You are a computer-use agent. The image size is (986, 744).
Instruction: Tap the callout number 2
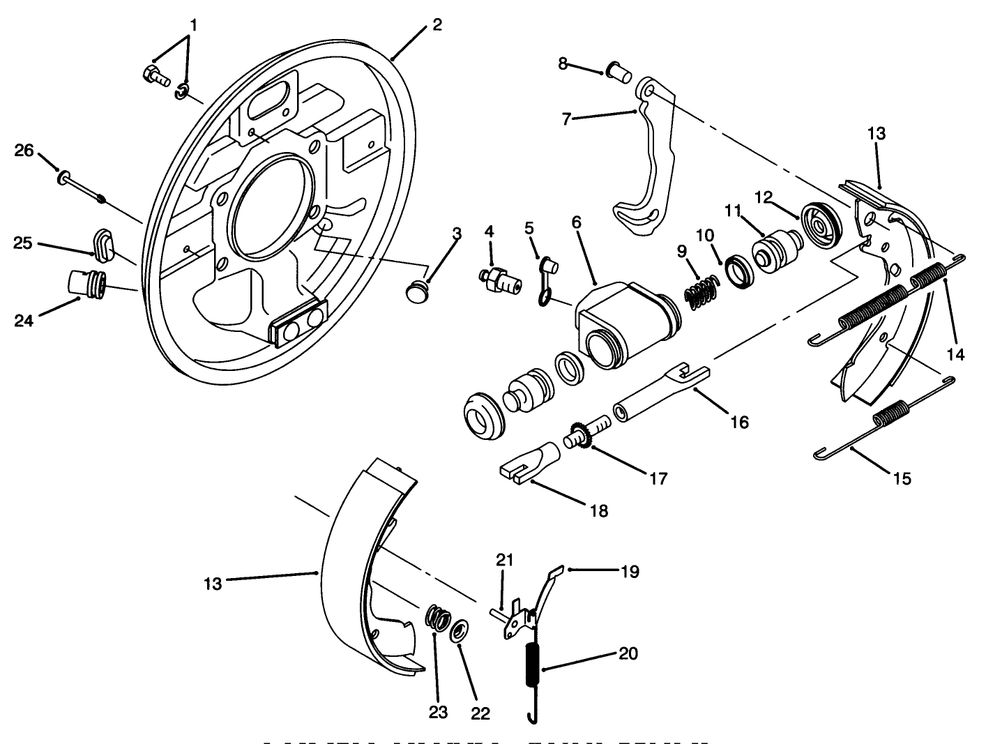[437, 25]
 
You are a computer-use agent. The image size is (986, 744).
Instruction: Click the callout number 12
[764, 197]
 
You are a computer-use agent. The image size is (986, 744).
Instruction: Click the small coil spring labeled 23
[437, 618]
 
